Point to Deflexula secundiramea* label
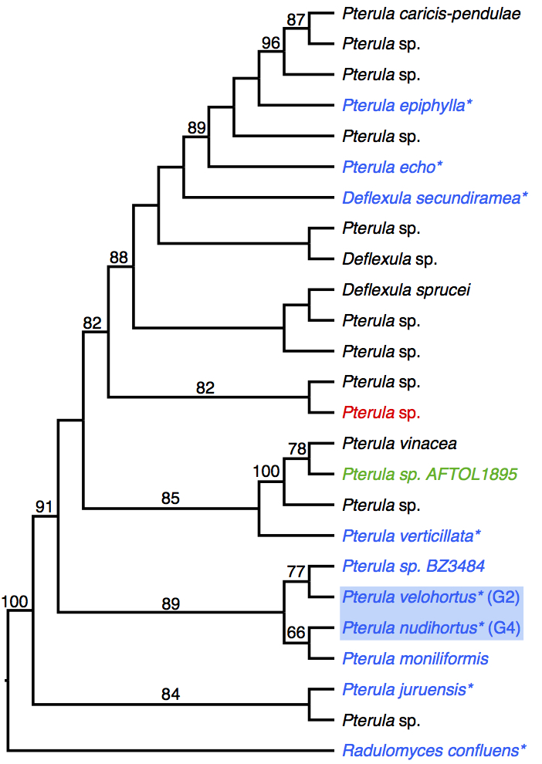[x=435, y=198]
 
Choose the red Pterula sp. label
[x=381, y=413]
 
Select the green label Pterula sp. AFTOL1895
[x=429, y=474]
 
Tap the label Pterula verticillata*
[x=412, y=535]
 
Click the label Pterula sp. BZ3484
[x=413, y=566]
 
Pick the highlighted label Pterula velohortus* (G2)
[x=431, y=597]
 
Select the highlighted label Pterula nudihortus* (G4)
[x=431, y=627]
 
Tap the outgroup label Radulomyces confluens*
[x=435, y=749]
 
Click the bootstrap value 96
[x=271, y=42]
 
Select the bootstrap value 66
[x=296, y=633]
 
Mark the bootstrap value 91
[x=43, y=506]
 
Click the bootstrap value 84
[x=171, y=695]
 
